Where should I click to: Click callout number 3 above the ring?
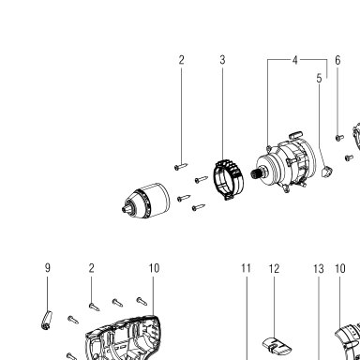coord(222,60)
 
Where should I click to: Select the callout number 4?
coord(295,60)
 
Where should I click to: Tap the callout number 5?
coord(319,78)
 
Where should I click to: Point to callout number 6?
coord(337,60)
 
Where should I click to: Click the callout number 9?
coord(48,268)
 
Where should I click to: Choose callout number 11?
coord(246,268)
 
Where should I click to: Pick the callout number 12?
coord(274,268)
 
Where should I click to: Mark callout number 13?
coord(319,269)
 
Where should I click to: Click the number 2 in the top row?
coord(181,60)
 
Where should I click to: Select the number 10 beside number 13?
coord(340,268)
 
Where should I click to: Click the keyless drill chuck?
coord(146,201)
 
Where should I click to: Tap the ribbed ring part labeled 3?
coord(229,180)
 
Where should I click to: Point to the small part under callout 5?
coord(327,172)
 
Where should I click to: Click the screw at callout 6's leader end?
coord(339,137)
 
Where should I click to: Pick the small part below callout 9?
coord(47,320)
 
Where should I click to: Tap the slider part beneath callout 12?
coord(277,346)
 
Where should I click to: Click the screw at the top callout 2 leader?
coord(181,166)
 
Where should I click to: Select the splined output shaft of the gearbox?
coord(257,173)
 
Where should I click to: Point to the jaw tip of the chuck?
coord(125,209)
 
